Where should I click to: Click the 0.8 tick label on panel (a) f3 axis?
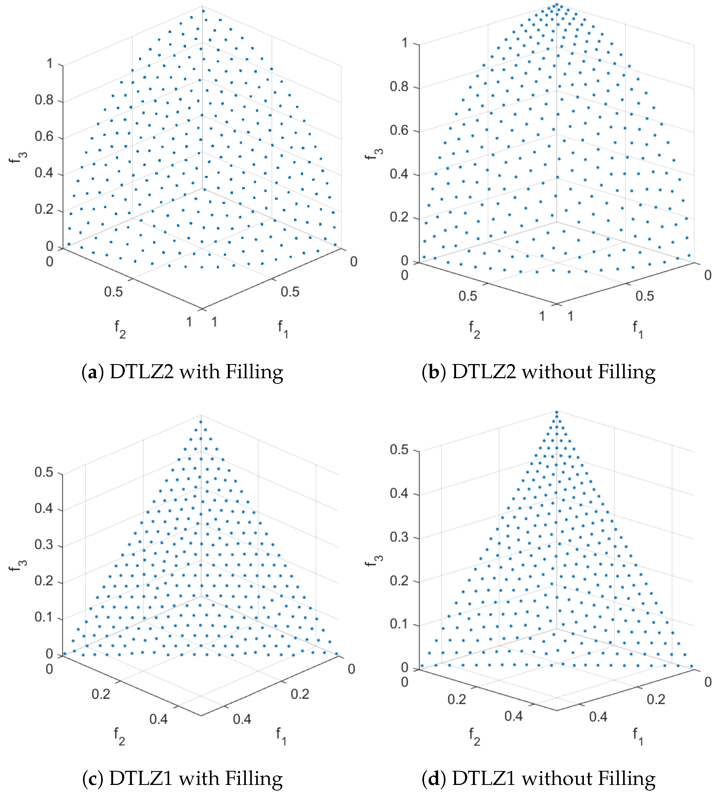44,100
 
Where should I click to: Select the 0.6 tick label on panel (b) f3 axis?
399,130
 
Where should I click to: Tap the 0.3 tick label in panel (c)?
44,545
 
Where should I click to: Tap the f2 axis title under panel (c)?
119,735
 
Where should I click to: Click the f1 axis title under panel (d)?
637,735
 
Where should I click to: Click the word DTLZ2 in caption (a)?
141,372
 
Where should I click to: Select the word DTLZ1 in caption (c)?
141,779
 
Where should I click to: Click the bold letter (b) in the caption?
434,372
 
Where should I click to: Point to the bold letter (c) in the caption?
93,779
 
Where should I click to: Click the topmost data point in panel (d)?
557,412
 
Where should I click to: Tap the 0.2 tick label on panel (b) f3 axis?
399,217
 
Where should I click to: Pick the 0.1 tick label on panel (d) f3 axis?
399,624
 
